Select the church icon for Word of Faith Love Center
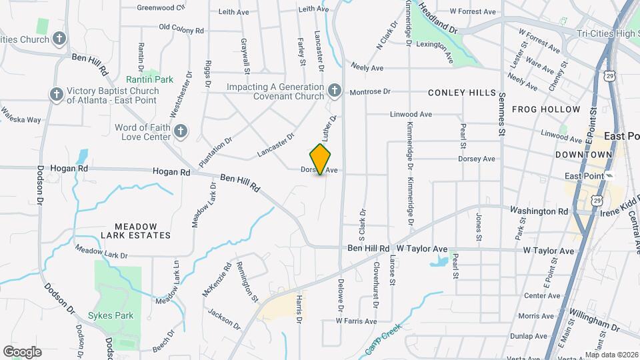tap(181, 131)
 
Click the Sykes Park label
tap(111, 315)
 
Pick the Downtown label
tap(583, 154)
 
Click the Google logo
tap(22, 352)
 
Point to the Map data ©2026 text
tap(611, 355)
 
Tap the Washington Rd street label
tap(539, 211)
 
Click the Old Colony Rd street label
tap(181, 29)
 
